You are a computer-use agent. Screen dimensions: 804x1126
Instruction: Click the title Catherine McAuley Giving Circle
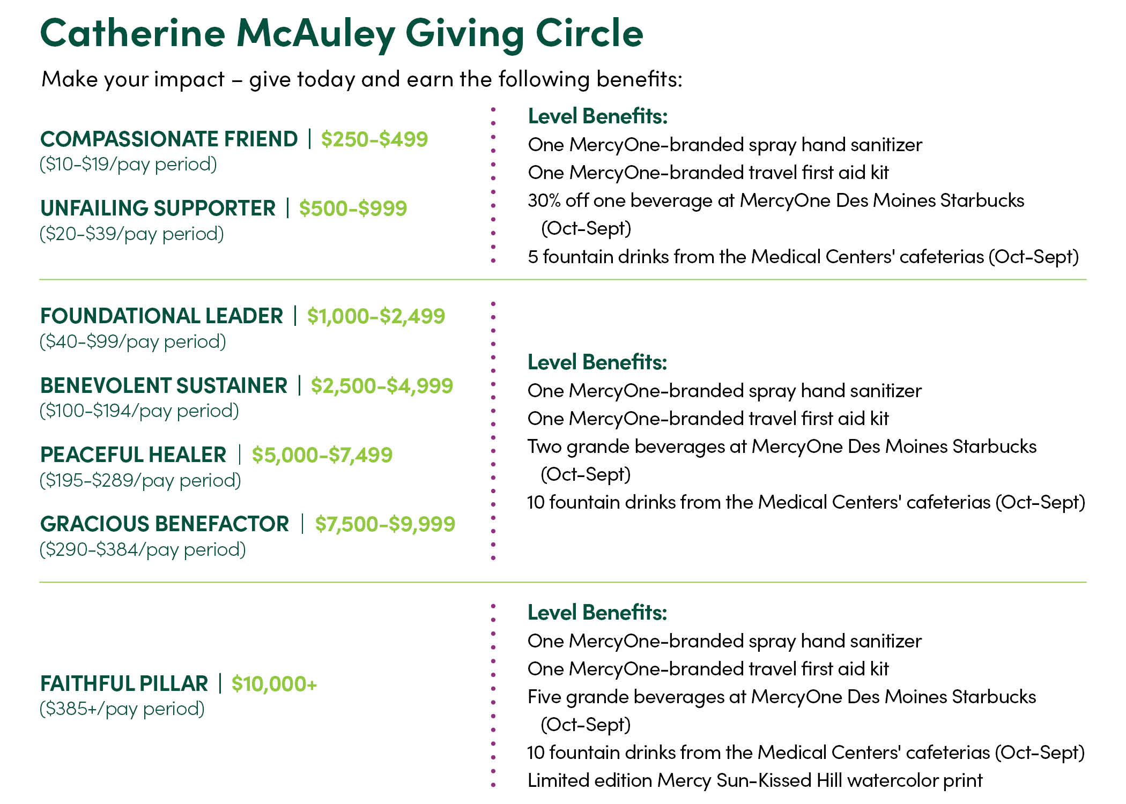coord(342,33)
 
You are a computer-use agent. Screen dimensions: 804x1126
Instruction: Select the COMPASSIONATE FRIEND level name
coord(169,139)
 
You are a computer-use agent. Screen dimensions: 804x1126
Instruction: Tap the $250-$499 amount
coord(374,139)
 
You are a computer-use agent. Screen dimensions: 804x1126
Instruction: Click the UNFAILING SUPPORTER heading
coord(158,209)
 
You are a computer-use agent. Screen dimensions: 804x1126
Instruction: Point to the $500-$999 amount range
coord(353,209)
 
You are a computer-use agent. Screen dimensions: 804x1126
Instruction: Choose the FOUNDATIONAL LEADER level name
coord(161,316)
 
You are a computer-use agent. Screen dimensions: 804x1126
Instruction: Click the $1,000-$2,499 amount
coord(376,316)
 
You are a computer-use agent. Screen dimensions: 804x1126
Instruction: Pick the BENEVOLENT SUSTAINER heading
coord(164,386)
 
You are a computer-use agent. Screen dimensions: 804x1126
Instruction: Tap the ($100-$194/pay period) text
coord(139,411)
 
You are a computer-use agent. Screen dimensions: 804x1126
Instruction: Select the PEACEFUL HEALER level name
coord(133,455)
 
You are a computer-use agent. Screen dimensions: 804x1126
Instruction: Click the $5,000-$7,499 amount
coord(322,455)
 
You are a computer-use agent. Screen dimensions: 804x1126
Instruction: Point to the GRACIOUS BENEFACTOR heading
coord(165,524)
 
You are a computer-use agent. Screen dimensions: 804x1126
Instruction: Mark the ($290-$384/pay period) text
coord(143,549)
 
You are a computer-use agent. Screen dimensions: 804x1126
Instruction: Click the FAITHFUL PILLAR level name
coord(124,684)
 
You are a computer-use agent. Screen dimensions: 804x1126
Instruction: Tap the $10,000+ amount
coord(274,684)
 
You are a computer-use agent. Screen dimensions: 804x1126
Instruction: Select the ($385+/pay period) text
coord(122,709)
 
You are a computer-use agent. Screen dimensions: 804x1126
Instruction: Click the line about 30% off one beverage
coord(775,201)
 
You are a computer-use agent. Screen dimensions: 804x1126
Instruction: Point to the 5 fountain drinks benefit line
coord(803,257)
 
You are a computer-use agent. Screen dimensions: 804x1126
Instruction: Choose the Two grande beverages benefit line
coord(782,447)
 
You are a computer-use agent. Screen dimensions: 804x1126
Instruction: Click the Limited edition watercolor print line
coord(754,780)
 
